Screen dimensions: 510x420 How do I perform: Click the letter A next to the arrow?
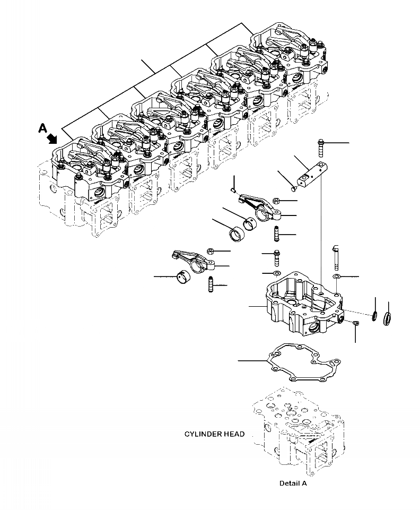(42, 127)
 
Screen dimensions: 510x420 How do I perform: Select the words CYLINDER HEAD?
(214, 434)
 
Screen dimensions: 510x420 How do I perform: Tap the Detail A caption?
(293, 483)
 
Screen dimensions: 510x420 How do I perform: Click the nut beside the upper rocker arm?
(276, 201)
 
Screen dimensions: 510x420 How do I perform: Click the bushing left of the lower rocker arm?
(182, 276)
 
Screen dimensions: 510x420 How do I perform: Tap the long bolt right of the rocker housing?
(336, 258)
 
